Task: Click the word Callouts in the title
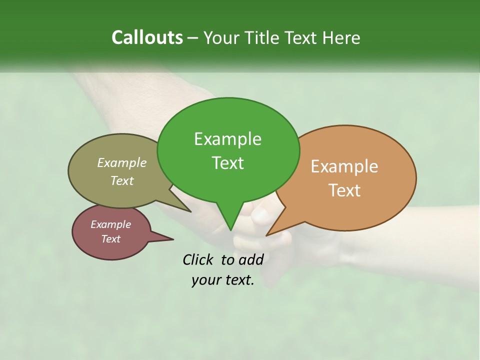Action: click(x=147, y=37)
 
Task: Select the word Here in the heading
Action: click(x=342, y=37)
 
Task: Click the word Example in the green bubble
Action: click(x=228, y=139)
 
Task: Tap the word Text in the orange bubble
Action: click(x=344, y=190)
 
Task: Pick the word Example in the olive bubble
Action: click(x=122, y=162)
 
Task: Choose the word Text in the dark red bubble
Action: click(x=111, y=239)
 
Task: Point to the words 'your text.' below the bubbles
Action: click(x=223, y=280)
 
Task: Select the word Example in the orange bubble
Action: click(x=344, y=166)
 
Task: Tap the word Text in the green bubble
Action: click(x=228, y=163)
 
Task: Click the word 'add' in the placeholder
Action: click(x=251, y=259)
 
